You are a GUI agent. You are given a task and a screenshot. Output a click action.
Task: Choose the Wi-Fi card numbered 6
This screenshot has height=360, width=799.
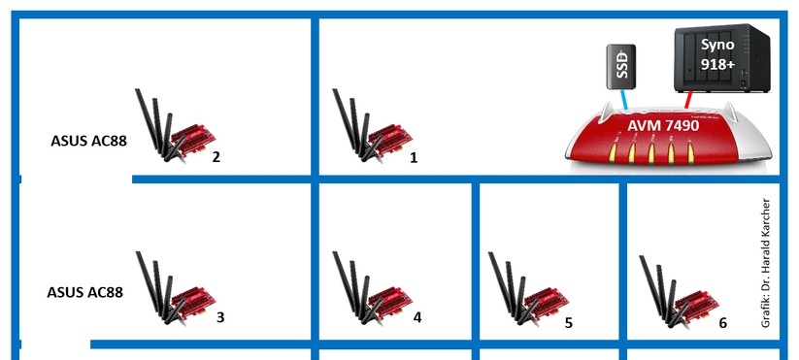[x=680, y=292]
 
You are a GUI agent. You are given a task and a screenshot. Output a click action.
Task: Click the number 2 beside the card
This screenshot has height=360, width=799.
[x=216, y=157]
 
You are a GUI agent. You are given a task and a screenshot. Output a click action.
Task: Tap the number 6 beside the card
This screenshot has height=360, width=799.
[x=722, y=322]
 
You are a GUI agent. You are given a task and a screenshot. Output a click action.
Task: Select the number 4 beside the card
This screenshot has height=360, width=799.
[x=417, y=317]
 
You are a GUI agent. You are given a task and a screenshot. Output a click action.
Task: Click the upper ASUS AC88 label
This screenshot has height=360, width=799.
[x=88, y=141]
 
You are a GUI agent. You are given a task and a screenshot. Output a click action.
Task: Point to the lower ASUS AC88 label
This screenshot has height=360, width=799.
[x=85, y=292]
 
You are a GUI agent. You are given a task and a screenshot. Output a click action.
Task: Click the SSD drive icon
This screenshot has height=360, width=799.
[x=620, y=67]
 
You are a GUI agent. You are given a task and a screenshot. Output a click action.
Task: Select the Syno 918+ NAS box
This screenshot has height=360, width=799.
[x=721, y=58]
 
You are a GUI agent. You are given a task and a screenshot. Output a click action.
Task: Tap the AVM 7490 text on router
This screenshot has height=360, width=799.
[x=663, y=125]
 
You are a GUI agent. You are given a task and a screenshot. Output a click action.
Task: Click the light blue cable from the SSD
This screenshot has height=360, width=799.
[x=622, y=99]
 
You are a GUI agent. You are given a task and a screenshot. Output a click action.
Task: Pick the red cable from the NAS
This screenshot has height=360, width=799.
[x=688, y=100]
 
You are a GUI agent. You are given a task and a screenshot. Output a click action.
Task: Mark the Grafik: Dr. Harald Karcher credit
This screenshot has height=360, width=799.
[x=765, y=263]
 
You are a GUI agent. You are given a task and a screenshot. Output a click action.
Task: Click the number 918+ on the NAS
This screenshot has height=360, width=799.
[x=717, y=65]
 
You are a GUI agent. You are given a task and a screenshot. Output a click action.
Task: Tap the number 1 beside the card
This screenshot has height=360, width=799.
[x=414, y=158]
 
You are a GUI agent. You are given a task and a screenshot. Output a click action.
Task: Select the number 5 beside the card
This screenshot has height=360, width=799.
[x=569, y=323]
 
